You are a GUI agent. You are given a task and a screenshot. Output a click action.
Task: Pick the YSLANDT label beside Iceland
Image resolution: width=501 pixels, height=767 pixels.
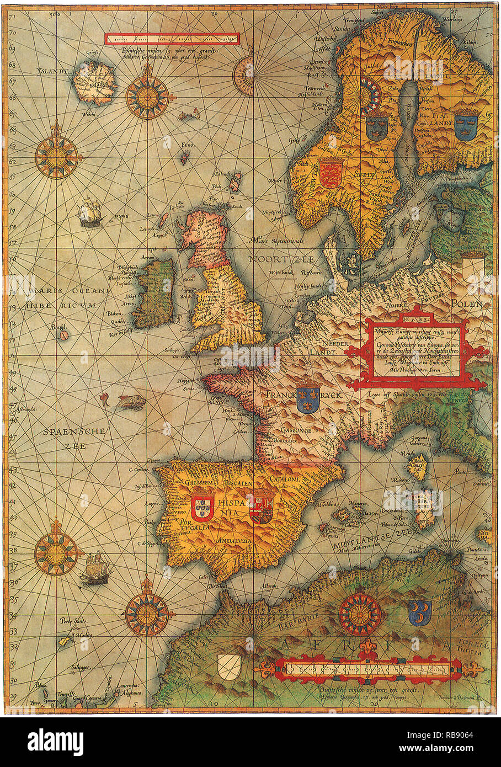pyautogui.click(x=52, y=71)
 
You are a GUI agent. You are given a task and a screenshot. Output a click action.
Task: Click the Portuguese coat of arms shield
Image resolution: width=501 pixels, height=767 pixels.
pyautogui.click(x=202, y=507)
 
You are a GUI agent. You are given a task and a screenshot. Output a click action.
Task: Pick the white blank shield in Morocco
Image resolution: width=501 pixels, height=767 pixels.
pyautogui.click(x=230, y=667)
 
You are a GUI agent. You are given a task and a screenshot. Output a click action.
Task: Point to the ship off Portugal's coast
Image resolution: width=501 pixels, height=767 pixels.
pyautogui.click(x=94, y=568)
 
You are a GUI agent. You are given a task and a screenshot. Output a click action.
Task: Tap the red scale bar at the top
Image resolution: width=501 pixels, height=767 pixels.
pyautogui.click(x=172, y=39)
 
